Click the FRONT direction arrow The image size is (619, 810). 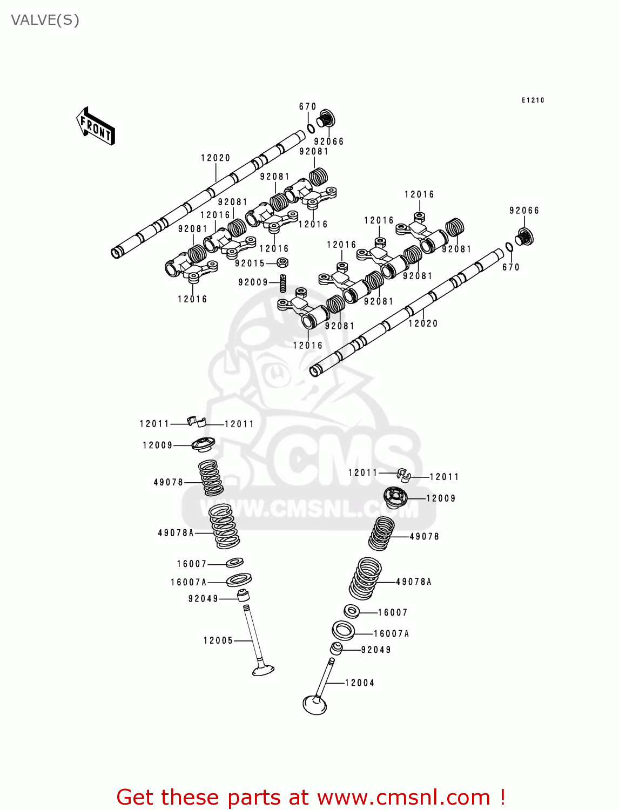point(96,126)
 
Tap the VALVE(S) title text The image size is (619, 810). point(45,20)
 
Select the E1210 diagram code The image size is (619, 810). point(533,100)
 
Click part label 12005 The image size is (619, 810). point(218,640)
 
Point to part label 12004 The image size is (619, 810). point(360,683)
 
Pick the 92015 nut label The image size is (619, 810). point(250,264)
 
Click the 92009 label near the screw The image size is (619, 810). point(253,282)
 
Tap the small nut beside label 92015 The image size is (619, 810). point(282,263)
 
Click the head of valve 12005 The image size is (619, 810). point(264,670)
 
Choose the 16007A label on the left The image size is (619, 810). point(189,582)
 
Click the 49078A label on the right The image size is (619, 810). point(414,582)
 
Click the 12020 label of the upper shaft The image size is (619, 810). point(216,158)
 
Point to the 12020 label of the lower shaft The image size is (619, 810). point(423,323)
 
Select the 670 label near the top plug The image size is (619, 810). point(308,106)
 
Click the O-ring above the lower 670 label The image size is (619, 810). point(509,247)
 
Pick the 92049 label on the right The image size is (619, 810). point(376,650)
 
